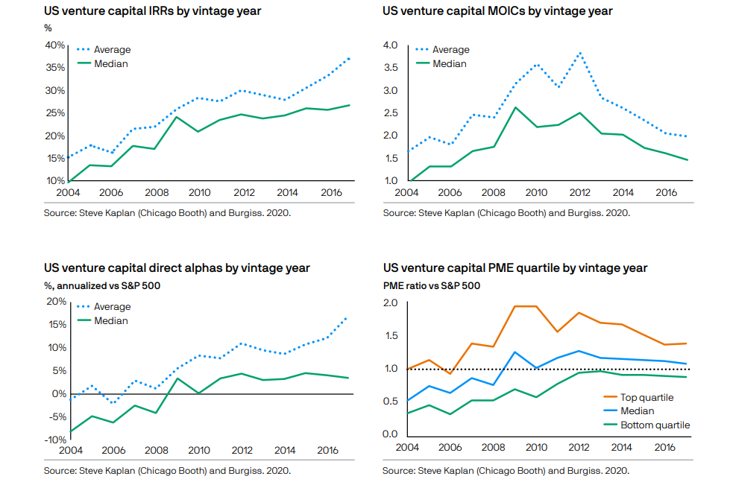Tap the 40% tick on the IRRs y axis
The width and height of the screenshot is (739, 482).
(x=54, y=45)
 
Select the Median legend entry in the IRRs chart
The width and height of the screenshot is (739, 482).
(x=110, y=64)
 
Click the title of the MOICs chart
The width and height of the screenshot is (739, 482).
(x=497, y=12)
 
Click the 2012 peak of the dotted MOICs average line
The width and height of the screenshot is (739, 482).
(x=580, y=53)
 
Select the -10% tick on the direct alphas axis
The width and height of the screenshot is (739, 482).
(x=54, y=440)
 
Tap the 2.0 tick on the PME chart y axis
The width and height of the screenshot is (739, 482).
(x=391, y=303)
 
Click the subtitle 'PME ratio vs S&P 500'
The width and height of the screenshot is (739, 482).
(x=431, y=285)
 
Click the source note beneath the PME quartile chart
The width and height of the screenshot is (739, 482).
(x=506, y=471)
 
